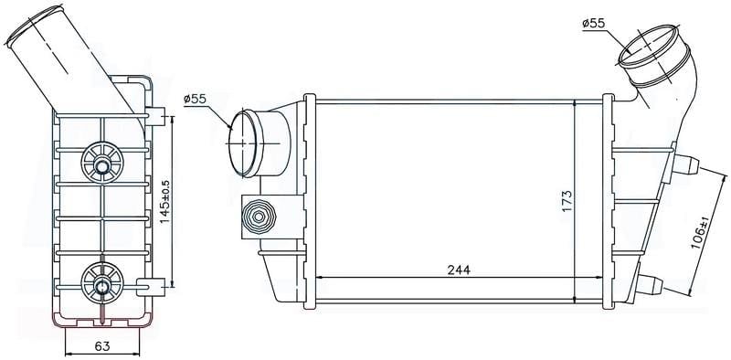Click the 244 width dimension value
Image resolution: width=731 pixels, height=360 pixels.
(460, 270)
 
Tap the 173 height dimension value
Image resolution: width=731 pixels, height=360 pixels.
(567, 201)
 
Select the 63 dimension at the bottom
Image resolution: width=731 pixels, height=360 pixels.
(102, 346)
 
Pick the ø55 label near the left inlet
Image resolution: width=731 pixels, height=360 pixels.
(195, 99)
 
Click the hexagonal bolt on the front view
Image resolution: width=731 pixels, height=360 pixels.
(258, 217)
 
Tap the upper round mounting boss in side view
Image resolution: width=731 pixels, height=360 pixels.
(102, 163)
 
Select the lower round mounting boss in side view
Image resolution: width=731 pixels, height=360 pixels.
(102, 282)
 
